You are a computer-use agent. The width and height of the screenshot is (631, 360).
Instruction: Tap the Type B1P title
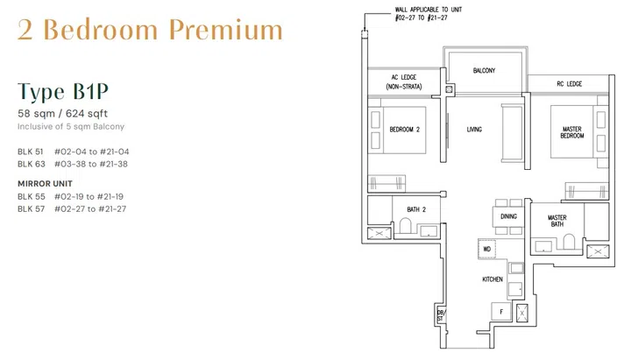(x=63, y=92)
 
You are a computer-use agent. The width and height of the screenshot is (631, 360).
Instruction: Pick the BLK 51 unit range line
(x=73, y=152)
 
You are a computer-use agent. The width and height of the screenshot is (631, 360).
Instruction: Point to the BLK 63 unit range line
(x=73, y=164)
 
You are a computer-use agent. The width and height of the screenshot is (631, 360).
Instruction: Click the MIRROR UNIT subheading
(x=45, y=183)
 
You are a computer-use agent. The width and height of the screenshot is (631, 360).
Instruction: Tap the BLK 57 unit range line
(x=72, y=209)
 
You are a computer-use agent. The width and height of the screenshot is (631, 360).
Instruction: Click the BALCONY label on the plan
(x=485, y=70)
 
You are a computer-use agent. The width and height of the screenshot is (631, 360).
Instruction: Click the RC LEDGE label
(x=570, y=84)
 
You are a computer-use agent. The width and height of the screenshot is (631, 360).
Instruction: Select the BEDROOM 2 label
(x=405, y=131)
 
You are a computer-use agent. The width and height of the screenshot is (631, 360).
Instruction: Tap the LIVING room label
(x=475, y=130)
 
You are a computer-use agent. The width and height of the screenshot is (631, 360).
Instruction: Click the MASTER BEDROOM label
(x=571, y=132)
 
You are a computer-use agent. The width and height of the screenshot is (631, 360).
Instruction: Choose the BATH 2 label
(x=415, y=209)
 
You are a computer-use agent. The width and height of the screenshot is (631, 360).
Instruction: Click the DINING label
(x=509, y=215)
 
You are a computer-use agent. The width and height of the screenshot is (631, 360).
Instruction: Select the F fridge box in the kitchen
(x=500, y=310)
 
